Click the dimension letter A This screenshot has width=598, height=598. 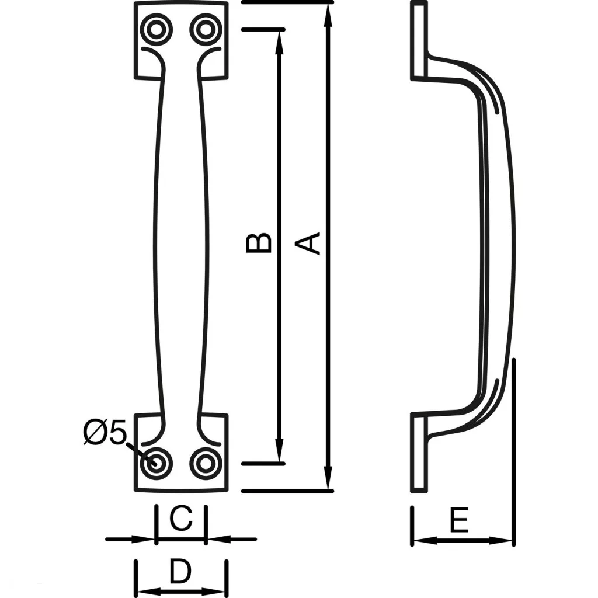[x=313, y=243]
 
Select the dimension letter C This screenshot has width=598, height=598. [x=181, y=519]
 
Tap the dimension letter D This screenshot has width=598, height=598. [x=180, y=572]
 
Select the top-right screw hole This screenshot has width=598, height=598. [x=204, y=29]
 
